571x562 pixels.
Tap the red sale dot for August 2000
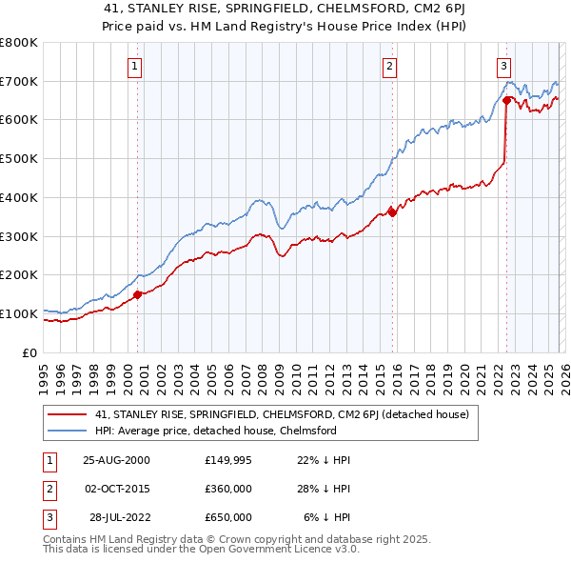coord(138,294)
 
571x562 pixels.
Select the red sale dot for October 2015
coord(393,212)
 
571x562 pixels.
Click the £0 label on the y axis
coord(29,352)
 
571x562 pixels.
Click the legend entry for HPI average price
coord(215,431)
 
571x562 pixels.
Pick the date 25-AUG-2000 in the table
coord(116,460)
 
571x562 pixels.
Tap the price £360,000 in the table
coord(228,489)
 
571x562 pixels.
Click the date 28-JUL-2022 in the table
coord(120,517)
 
